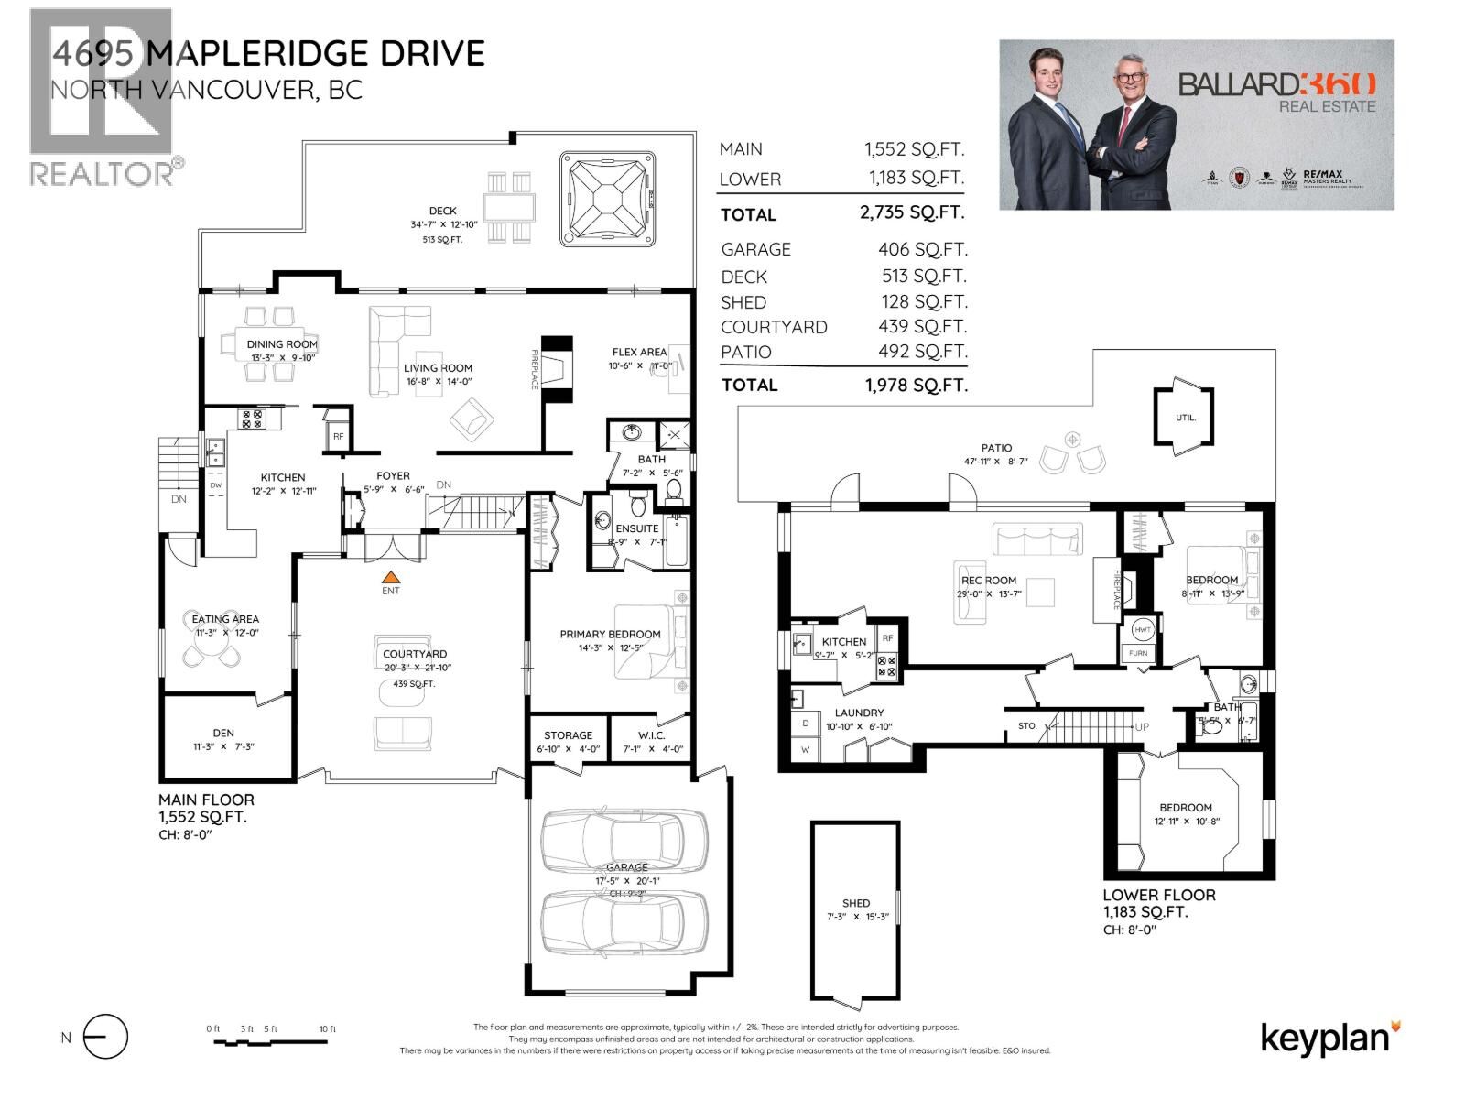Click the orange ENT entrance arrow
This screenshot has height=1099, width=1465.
click(391, 577)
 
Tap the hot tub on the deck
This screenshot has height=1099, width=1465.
click(608, 199)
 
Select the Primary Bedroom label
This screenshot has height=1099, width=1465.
click(610, 634)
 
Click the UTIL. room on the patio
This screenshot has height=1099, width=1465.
click(1186, 418)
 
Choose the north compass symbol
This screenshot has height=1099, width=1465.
click(105, 1038)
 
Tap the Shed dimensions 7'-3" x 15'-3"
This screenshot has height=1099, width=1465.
click(856, 917)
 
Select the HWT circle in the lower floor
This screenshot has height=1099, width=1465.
click(1142, 630)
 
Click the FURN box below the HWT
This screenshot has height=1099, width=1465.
click(1138, 653)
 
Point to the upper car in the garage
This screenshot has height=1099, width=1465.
click(624, 839)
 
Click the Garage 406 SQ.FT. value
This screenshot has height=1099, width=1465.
click(922, 249)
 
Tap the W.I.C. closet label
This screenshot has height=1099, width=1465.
click(651, 735)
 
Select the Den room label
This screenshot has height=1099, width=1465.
click(223, 733)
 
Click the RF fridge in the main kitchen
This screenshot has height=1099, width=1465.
click(338, 436)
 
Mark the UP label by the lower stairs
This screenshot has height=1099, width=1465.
click(1142, 726)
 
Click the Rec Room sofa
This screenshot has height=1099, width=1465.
click(1037, 539)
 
